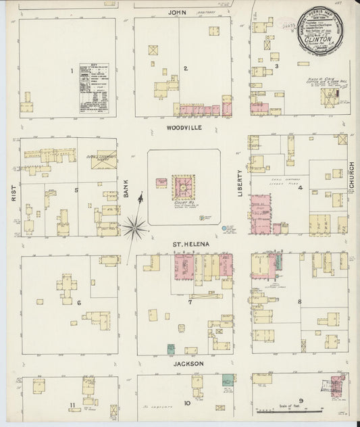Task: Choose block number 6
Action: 79,302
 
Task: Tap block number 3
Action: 277,66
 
